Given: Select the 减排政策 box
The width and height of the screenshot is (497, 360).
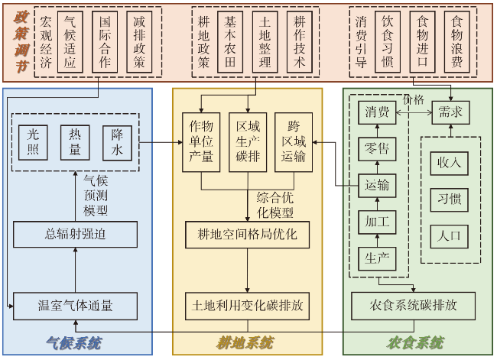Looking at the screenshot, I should [x=141, y=43].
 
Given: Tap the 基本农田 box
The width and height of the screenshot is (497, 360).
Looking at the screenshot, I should [x=229, y=43].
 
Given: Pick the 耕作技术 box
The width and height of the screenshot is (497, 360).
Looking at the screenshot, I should [x=300, y=43].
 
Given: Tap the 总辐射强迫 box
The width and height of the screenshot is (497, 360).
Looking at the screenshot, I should [x=75, y=234].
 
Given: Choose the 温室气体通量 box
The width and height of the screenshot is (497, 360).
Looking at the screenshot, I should [x=75, y=306].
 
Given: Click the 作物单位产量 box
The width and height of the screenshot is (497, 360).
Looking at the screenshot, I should [x=200, y=141].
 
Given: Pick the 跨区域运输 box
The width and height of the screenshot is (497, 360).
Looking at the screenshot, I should [x=294, y=141].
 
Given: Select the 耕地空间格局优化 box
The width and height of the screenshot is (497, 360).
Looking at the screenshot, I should [x=248, y=234].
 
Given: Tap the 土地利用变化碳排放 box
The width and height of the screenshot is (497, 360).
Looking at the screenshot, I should [x=248, y=306].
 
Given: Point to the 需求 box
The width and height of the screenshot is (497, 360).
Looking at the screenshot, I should [x=450, y=113].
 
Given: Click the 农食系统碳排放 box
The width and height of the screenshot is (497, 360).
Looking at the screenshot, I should [x=413, y=305].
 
